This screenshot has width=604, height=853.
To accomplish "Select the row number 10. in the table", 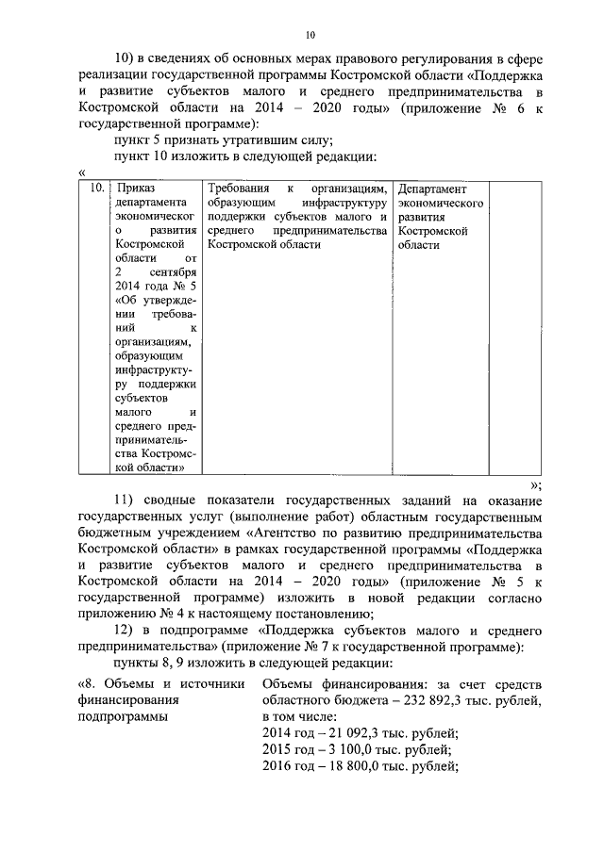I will pyautogui.click(x=94, y=189).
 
